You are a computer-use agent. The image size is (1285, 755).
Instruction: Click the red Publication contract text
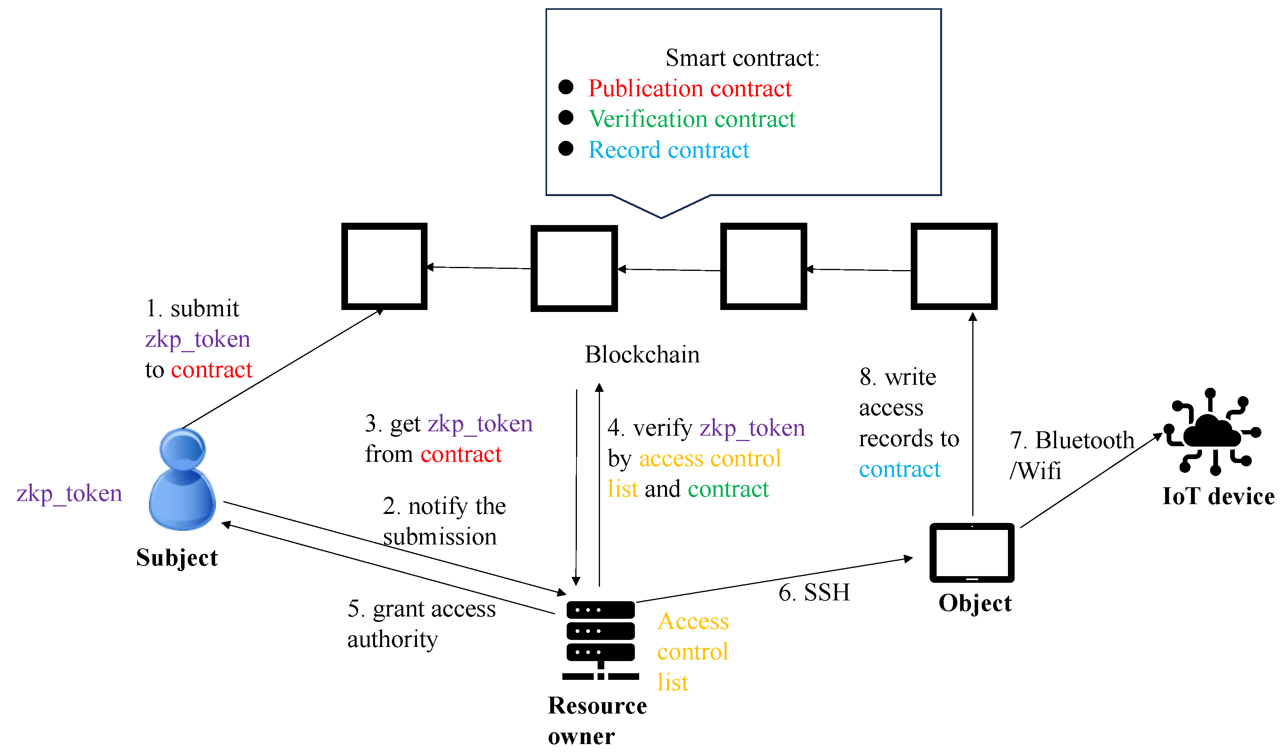(689, 88)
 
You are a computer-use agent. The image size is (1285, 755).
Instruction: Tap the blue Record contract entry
(669, 150)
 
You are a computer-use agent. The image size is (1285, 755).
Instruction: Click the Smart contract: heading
(742, 58)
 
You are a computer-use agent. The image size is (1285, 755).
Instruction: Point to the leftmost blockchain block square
(384, 266)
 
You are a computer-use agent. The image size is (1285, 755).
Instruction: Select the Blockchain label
(642, 355)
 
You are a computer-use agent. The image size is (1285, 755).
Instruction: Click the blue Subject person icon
(182, 479)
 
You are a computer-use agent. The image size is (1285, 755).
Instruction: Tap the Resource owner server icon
(600, 640)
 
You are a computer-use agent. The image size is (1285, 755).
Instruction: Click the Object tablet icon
(971, 552)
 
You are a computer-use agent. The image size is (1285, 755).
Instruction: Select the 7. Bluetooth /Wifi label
(1071, 455)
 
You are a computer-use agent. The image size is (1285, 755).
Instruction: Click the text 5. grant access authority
(421, 623)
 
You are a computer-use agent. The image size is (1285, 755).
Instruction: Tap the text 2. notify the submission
(444, 521)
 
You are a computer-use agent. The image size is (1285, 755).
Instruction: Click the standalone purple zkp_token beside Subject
(69, 493)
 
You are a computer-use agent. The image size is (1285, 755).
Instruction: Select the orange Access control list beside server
(692, 652)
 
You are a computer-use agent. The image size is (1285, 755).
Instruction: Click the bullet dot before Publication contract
(565, 87)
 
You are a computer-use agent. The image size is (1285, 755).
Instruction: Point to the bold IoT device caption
(1218, 496)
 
